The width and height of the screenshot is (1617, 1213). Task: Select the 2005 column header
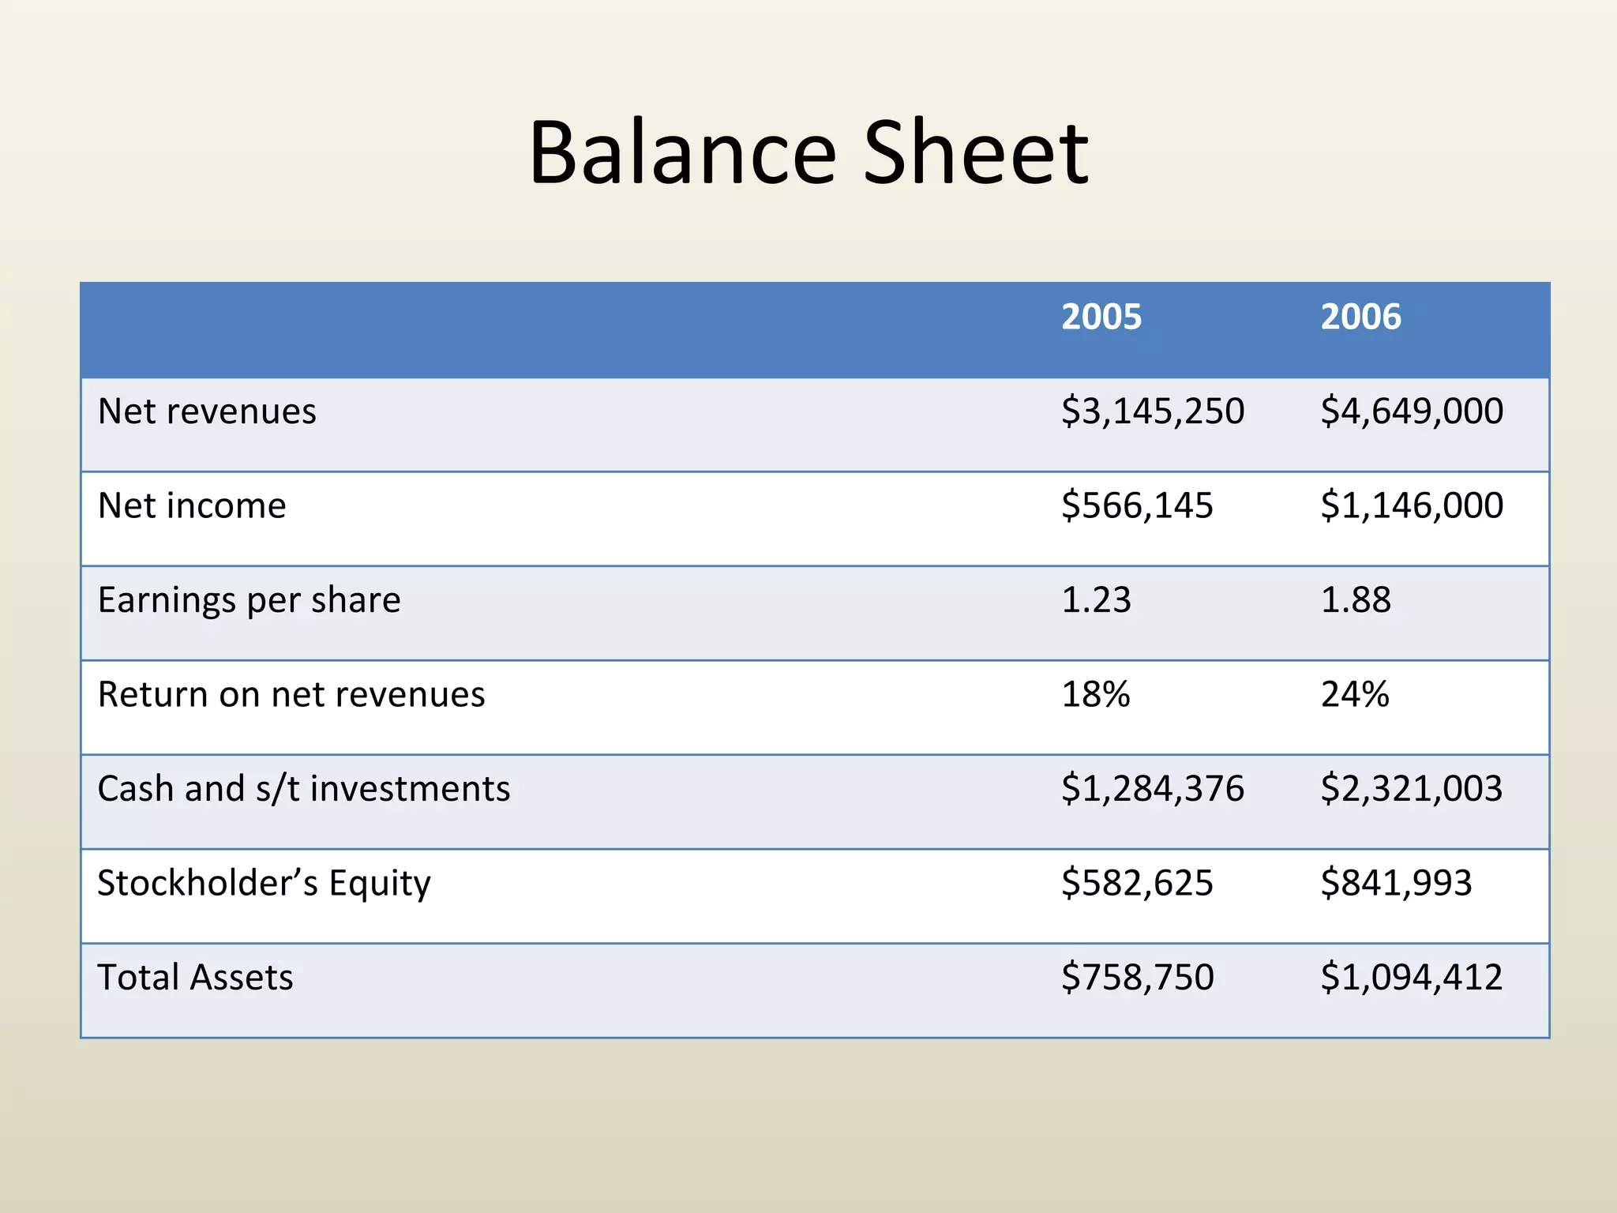[1101, 317]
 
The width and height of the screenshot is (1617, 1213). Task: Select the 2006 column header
[1360, 317]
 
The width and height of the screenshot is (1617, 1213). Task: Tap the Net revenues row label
[207, 411]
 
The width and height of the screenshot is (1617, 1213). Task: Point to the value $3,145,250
[1152, 411]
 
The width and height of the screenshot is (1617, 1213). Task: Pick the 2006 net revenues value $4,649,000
[1411, 411]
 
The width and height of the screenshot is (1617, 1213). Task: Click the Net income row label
[192, 505]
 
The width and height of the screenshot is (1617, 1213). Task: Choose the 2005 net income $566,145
[1136, 505]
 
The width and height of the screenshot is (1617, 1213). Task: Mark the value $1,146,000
[1411, 505]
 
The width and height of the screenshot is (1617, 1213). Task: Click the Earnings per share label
[249, 600]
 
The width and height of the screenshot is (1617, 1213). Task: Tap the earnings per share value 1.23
[1096, 600]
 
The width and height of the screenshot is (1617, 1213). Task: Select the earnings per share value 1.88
[1355, 600]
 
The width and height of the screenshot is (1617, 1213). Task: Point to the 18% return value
[1095, 694]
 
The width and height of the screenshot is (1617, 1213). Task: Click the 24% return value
[1354, 694]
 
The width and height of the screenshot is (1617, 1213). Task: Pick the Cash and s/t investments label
[304, 789]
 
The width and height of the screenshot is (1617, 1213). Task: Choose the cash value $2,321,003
[1411, 789]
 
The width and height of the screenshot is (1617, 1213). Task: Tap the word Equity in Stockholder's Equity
[380, 884]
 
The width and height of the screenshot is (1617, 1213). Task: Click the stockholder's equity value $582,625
[1136, 883]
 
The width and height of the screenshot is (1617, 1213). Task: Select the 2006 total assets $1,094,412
[1411, 978]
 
